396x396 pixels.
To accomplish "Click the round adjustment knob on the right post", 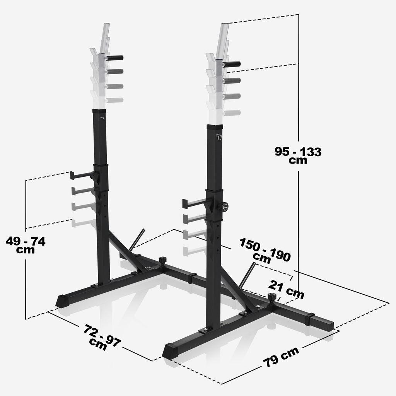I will pos(223,207).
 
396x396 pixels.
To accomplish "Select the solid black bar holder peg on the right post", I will pos(232,64).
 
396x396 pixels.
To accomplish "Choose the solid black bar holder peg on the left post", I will pos(115,58).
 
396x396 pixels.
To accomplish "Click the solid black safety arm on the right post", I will pos(195,202).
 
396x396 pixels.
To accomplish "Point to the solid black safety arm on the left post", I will pos(82,175).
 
